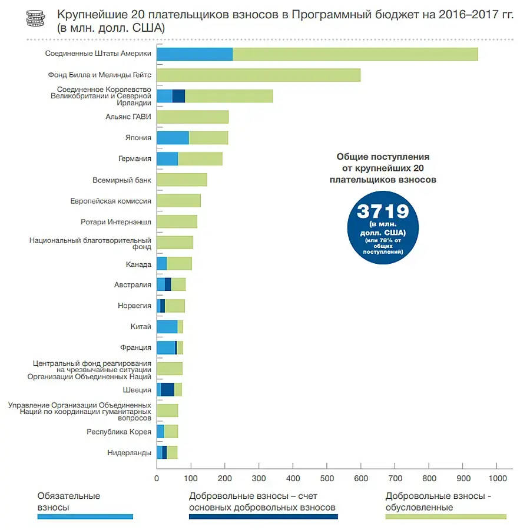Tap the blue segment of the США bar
click(194, 54)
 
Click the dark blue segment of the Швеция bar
click(167, 389)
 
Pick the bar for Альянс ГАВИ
click(192, 117)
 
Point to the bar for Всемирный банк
click(181, 180)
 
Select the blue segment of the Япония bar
click(173, 138)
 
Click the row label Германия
click(135, 159)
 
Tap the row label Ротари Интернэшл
click(116, 222)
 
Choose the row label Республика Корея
click(119, 432)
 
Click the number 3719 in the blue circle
click(383, 211)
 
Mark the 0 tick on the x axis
click(157, 479)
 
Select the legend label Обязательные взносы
click(68, 501)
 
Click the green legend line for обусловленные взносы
click(445, 517)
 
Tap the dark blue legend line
click(263, 517)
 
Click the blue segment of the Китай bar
click(167, 327)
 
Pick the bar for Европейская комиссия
click(178, 201)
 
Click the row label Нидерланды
click(129, 453)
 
